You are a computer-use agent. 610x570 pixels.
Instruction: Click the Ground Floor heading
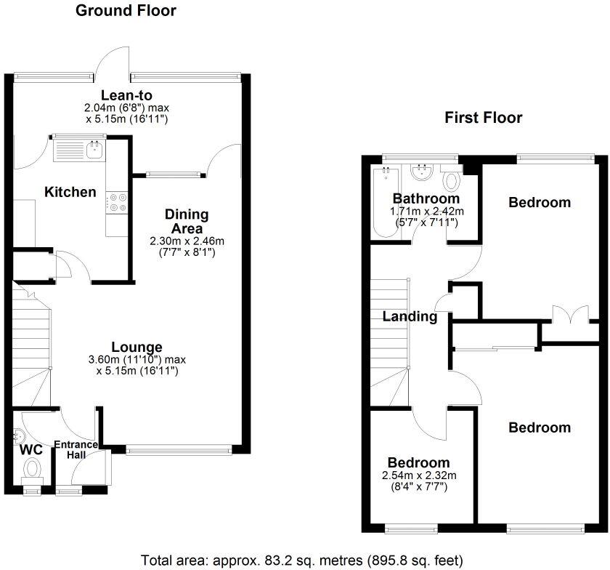[126, 10]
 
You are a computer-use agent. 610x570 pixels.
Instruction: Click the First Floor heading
[483, 117]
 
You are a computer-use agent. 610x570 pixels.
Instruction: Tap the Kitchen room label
[70, 192]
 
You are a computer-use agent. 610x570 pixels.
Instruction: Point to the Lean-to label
[126, 95]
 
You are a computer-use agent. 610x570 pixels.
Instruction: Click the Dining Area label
[187, 221]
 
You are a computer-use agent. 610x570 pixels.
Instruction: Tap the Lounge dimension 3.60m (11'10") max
[137, 359]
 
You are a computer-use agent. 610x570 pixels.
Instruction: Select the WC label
[31, 449]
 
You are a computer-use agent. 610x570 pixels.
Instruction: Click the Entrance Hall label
[76, 449]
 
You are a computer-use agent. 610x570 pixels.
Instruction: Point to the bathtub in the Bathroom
[386, 203]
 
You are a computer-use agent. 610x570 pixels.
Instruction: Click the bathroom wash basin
[421, 172]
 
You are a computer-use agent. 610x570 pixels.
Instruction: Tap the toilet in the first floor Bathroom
[451, 180]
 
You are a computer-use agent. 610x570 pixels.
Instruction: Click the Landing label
[410, 316]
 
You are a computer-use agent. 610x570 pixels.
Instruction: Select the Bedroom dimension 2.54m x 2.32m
[419, 475]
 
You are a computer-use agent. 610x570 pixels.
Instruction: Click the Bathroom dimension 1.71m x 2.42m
[427, 211]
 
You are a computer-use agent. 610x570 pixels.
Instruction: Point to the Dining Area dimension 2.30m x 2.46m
[187, 241]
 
